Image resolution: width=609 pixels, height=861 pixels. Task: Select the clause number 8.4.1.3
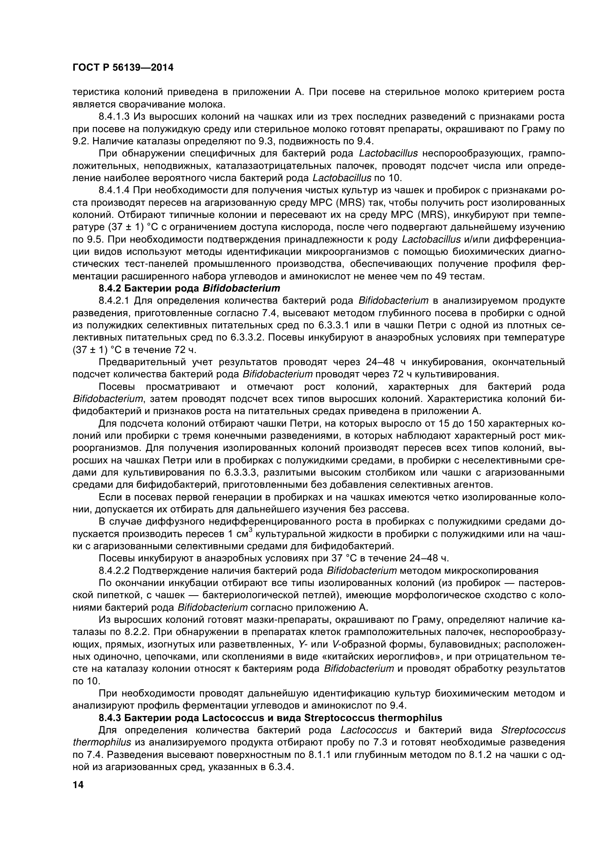(114, 117)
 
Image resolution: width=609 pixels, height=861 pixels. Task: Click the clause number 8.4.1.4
(114, 191)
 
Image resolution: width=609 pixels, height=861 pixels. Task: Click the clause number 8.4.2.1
(114, 301)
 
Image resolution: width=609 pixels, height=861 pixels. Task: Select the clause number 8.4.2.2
(114, 571)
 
